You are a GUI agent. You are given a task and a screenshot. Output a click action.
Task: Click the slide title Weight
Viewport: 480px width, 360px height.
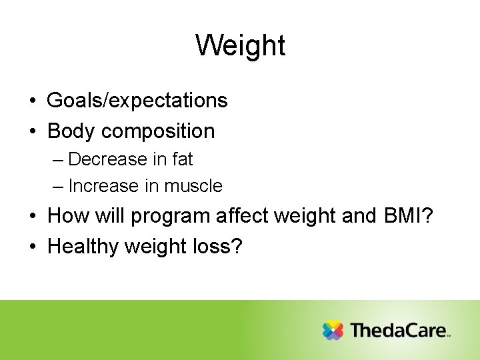coord(240,45)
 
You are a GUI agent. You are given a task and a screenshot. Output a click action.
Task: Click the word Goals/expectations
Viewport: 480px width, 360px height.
coord(137,101)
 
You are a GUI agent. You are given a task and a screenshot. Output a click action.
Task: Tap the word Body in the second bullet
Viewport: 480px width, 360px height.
coord(72,131)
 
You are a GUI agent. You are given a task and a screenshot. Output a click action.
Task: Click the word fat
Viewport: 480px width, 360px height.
coord(181,159)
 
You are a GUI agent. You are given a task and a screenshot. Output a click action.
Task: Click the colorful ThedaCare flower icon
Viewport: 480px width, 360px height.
coord(333,330)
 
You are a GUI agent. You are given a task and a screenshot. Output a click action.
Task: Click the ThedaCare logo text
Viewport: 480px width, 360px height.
coord(399,330)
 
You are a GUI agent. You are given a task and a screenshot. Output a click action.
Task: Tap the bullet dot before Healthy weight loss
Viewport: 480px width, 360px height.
coord(32,247)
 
